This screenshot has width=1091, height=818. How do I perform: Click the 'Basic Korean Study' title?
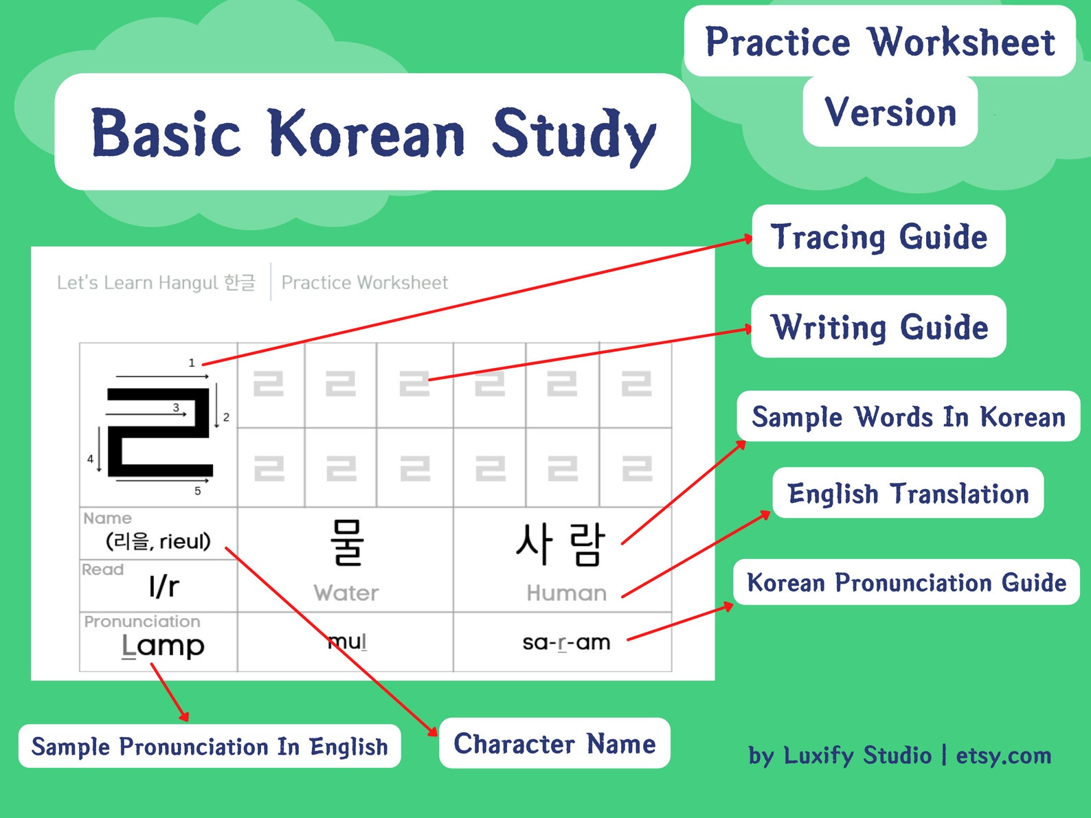coord(372,133)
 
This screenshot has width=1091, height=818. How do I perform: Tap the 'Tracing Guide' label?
coord(879,237)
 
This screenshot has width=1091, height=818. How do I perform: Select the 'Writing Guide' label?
coord(879,327)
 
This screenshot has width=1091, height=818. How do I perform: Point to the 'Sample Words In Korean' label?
coord(908,417)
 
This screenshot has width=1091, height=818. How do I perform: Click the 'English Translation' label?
coord(908,494)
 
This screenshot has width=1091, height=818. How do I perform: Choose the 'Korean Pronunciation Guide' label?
coord(906,582)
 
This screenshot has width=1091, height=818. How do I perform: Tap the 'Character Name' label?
coord(554,744)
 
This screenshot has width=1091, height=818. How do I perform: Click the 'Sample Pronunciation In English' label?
coord(210,747)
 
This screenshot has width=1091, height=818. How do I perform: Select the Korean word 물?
coord(346,543)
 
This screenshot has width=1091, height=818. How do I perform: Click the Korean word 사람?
coord(561,544)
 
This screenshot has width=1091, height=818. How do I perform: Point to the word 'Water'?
coord(346,593)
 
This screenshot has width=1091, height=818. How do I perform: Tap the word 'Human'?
coord(566,593)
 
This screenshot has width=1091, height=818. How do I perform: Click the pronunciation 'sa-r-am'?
coord(565,642)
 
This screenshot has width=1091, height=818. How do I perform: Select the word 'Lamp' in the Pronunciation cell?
coord(163,646)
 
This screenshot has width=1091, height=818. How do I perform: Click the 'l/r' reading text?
coord(164,587)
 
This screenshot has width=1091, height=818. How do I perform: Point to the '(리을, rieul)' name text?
coord(158,541)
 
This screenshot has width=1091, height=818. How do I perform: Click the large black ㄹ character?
coord(159,432)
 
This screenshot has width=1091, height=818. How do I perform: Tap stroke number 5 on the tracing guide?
coord(198,490)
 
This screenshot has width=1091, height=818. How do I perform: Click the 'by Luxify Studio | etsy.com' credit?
coord(900,755)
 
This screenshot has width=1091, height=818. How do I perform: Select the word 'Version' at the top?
coord(890,112)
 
